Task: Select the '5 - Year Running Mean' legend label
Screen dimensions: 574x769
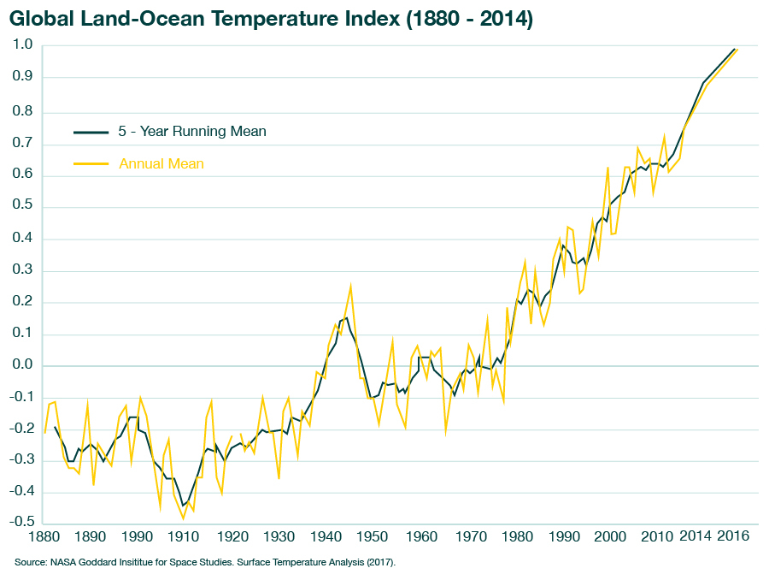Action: pos(192,132)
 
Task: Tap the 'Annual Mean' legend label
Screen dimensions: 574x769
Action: pos(161,163)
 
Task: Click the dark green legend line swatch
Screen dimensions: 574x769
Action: pos(91,132)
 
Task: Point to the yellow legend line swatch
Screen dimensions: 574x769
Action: pos(91,163)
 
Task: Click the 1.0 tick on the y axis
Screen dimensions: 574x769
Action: pos(23,45)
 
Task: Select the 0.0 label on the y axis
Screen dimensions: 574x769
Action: pos(23,366)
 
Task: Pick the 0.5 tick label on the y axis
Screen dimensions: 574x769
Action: pos(23,206)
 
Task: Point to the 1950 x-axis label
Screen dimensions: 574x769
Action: pos(372,538)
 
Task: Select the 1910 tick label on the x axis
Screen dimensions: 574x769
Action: pos(184,538)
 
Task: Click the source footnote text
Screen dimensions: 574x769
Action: pos(205,562)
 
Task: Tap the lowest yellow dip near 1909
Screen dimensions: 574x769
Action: pos(183,518)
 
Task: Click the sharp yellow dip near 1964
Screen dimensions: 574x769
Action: pos(445,434)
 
